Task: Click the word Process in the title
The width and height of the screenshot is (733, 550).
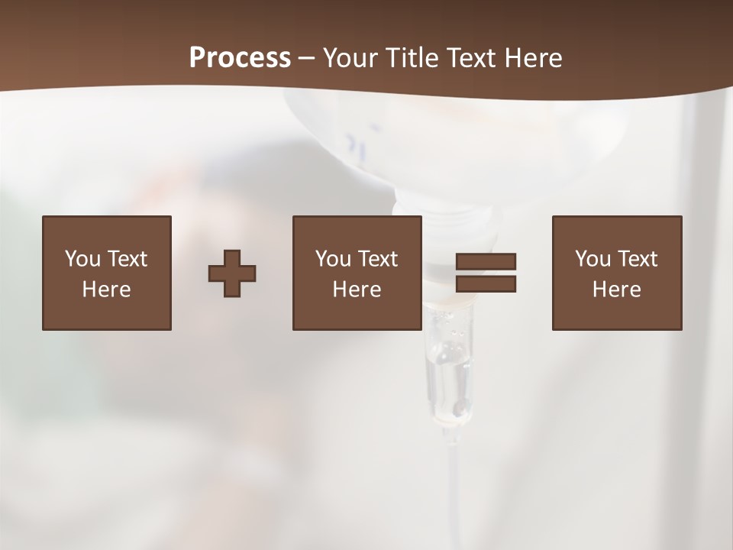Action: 240,58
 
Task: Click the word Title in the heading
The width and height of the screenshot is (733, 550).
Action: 412,58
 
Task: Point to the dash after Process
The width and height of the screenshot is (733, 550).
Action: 306,59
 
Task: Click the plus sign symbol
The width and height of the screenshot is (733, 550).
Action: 232,273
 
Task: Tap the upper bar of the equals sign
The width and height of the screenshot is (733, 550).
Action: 486,261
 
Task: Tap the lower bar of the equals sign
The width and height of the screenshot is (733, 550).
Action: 486,284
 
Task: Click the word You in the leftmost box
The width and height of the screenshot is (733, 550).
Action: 82,259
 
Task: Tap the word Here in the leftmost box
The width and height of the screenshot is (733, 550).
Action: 106,290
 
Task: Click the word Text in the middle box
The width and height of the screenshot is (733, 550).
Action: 378,259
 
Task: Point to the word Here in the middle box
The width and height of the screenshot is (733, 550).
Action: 357,290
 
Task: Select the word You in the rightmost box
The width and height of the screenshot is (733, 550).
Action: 593,259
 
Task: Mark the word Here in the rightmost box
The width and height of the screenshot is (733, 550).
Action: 616,290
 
